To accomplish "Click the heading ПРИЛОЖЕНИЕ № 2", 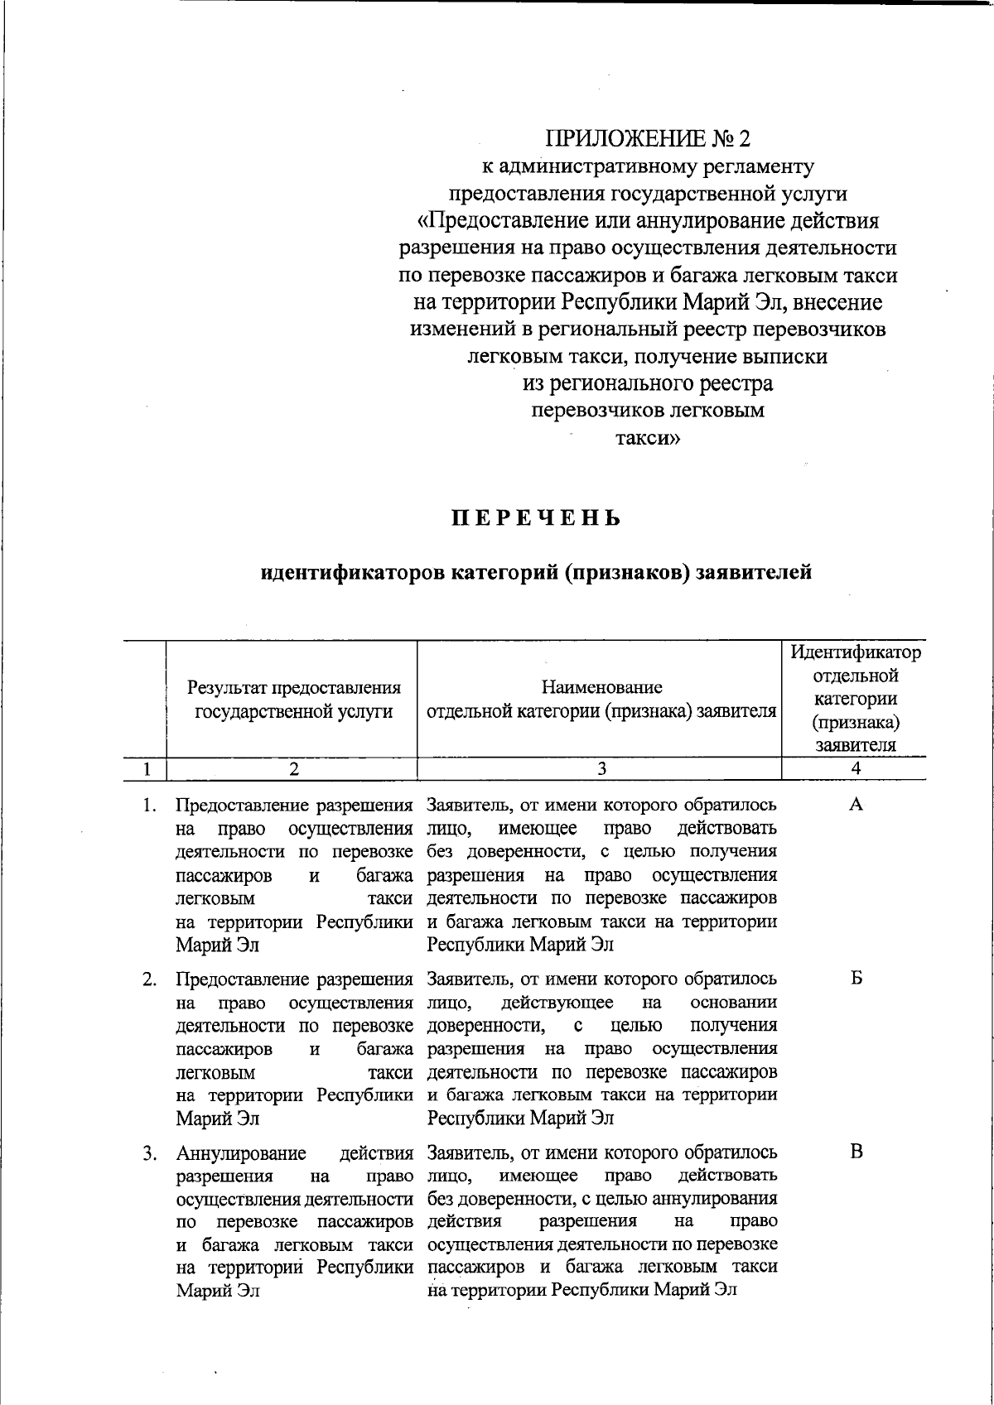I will pos(647,137).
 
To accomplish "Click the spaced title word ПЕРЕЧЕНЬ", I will pos(536,519).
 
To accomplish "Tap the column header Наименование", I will pos(601,686).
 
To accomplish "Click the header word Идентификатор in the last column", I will pos(856,652).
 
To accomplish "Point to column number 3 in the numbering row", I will pos(601,768).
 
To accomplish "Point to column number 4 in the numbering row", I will pos(856,768).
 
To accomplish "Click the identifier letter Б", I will pos(856,979).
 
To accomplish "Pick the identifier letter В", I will pos(856,1152).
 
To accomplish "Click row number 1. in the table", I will pos(149,805).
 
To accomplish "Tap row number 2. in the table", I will pos(149,979).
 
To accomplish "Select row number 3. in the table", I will pos(149,1152).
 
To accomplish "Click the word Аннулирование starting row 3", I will pos(241,1153).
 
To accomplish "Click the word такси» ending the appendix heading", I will pos(647,438).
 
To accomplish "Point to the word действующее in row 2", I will pos(557,1003).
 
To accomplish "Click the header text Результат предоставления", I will pos(293,687).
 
